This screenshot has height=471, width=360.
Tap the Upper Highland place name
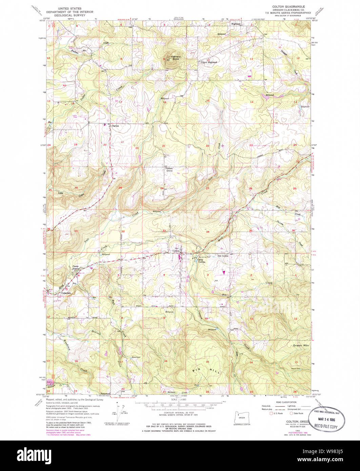208,62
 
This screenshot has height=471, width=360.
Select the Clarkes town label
116,125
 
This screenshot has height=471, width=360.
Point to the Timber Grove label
169,169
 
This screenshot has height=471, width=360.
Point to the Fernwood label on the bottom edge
105,394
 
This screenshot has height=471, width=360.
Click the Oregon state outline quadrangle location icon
241,416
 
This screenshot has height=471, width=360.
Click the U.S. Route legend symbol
270,413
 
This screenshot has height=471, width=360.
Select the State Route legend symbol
291,413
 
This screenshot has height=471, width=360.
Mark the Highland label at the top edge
236,24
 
